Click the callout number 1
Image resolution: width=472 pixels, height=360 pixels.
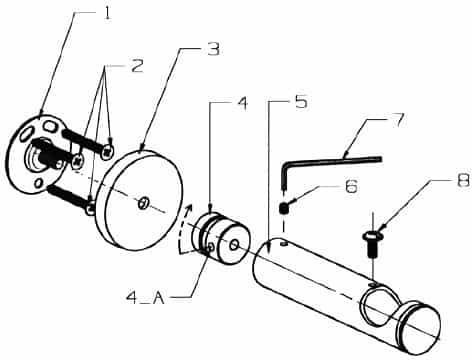coord(107,13)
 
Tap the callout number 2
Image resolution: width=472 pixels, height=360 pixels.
coord(137,66)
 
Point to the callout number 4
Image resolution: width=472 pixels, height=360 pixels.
coord(242,103)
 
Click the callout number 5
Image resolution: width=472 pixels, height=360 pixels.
coord(301,102)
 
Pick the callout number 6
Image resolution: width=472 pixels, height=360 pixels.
coord(351,187)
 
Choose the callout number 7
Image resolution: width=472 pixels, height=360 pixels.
coord(397,120)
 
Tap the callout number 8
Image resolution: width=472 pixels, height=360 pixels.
coord(463,180)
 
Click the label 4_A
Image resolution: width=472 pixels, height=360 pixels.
coord(146,298)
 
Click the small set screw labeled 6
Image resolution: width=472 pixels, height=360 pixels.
coord(283,209)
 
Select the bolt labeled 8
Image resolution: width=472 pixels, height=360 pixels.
coord(371,244)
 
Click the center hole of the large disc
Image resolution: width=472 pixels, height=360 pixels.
coord(144,203)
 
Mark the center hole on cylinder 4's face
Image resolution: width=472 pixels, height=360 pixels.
coord(234,246)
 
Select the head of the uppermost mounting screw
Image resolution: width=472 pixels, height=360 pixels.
coord(107,152)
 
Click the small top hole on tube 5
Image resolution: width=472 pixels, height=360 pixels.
coord(283,244)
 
